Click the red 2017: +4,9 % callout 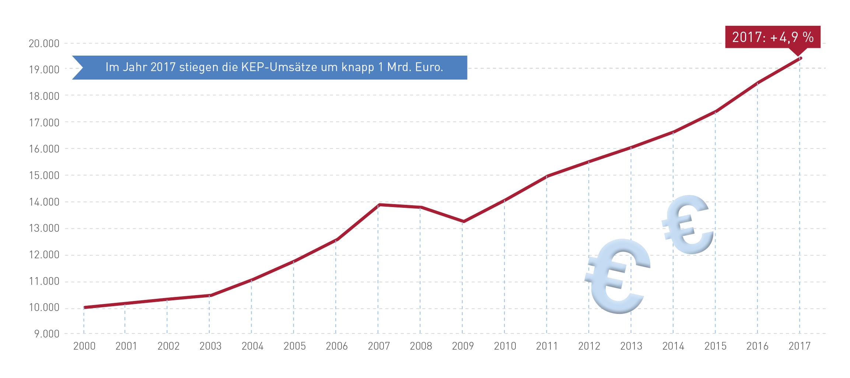[x=772, y=37]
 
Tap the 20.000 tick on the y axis [x=44, y=43]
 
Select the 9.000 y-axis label [x=46, y=334]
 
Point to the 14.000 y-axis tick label [x=44, y=202]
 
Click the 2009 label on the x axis [x=463, y=346]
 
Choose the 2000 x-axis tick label [x=84, y=346]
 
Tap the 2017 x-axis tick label [x=799, y=346]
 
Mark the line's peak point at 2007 [x=379, y=204]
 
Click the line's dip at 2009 [x=463, y=221]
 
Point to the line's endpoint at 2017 [x=800, y=58]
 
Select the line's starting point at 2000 [x=85, y=307]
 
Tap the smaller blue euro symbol [x=688, y=225]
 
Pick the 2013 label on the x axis [x=631, y=346]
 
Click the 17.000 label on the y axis [x=44, y=123]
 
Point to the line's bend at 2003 [x=210, y=295]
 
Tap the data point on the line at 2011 [x=547, y=176]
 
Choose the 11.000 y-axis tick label [x=44, y=281]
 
